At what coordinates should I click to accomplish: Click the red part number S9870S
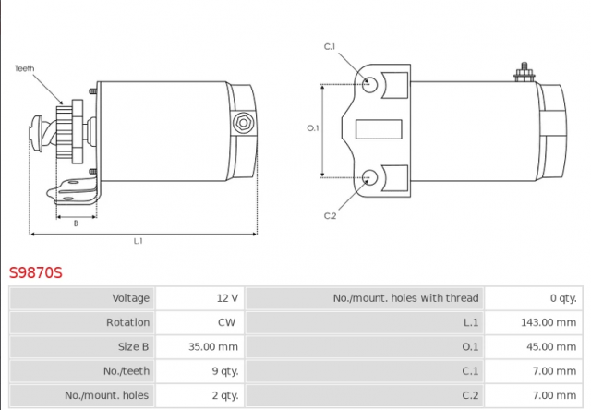pos(36,272)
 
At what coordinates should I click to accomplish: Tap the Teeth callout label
pos(25,68)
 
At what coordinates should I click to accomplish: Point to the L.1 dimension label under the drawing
pos(139,241)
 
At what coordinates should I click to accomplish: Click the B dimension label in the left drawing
pos(76,223)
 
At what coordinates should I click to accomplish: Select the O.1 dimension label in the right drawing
pos(313,128)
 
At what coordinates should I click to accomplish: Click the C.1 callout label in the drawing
pos(330,46)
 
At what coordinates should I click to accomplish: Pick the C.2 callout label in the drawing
pos(330,216)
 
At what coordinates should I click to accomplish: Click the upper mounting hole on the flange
pos(369,84)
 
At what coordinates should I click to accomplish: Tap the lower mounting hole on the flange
pos(369,177)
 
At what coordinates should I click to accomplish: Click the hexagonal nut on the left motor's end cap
pos(243,123)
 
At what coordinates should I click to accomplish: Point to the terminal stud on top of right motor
pos(525,73)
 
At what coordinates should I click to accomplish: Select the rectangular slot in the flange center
pos(379,129)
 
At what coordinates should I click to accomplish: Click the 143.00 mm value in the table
pos(549,322)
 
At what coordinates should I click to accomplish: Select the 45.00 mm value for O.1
pos(551,346)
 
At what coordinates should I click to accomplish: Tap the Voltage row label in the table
pos(131,298)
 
